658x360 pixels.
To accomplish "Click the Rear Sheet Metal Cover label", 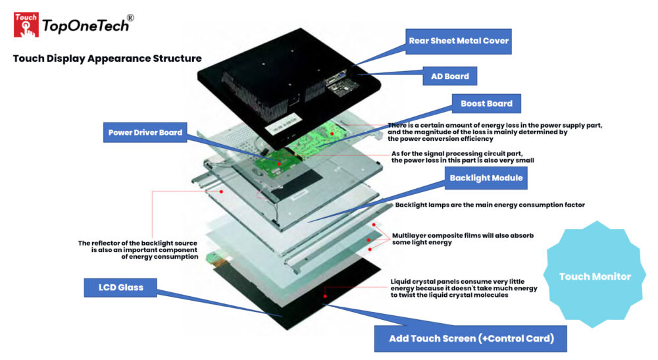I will [x=458, y=41].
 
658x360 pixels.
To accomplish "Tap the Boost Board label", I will [x=486, y=104].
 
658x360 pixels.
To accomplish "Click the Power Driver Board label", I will [x=145, y=132].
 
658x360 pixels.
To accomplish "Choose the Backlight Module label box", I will [x=486, y=178].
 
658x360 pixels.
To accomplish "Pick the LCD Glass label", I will [x=121, y=287].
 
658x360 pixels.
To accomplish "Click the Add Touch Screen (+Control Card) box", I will [x=469, y=338].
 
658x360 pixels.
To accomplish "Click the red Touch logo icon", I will [x=26, y=24].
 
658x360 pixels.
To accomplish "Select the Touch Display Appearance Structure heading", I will [x=107, y=59].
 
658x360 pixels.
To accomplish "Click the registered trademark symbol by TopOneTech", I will [x=130, y=18].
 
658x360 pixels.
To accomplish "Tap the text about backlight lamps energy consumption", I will [x=490, y=205].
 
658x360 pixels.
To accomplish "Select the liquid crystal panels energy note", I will [x=464, y=288].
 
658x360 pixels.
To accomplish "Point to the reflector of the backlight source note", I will [x=138, y=249].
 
